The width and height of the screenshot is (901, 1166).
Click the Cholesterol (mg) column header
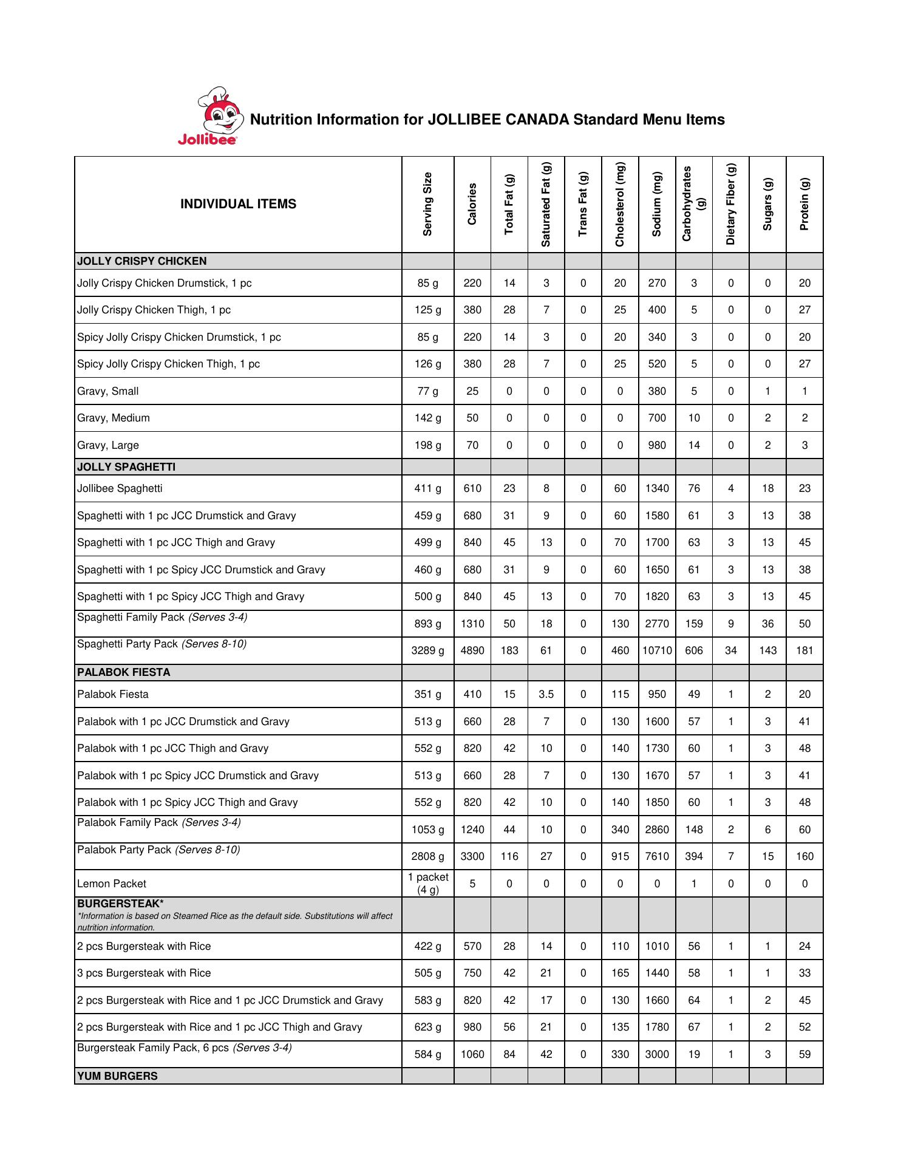tap(620, 205)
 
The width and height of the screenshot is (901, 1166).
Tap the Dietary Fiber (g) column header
tap(730, 205)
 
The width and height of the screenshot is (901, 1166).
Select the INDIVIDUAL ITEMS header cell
tap(238, 204)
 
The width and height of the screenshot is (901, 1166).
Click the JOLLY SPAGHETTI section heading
tap(126, 467)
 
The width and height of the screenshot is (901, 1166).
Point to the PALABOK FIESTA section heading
tap(124, 672)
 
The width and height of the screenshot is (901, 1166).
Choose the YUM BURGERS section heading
tap(117, 1076)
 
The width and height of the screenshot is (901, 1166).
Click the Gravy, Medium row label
tap(114, 418)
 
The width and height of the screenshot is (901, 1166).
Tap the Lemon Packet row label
tap(112, 884)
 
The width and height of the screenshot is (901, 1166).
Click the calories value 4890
tap(472, 650)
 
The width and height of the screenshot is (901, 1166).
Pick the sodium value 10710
tap(657, 650)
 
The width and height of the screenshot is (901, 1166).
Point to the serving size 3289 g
tap(427, 650)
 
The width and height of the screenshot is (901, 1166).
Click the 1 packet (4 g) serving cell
tap(427, 884)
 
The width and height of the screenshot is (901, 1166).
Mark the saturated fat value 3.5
tap(546, 694)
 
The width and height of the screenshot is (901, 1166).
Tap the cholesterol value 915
tap(620, 856)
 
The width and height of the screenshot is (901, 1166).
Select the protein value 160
tap(804, 856)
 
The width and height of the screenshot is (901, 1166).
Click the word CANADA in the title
tap(535, 120)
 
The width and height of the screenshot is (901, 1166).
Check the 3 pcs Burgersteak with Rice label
tap(144, 973)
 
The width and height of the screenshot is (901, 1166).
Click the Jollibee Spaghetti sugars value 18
tap(767, 488)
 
